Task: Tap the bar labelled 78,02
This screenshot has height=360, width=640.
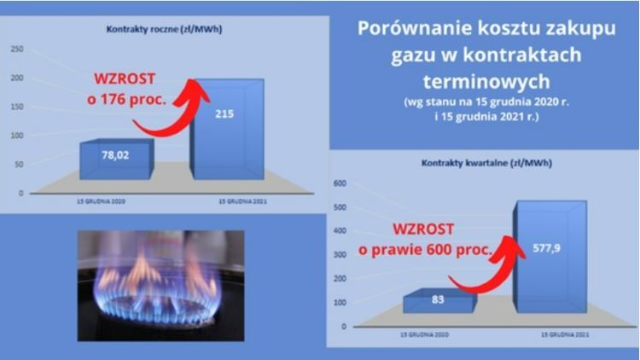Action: (115, 159)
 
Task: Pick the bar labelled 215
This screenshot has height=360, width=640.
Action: (225, 128)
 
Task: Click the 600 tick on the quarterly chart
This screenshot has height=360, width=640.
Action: (338, 183)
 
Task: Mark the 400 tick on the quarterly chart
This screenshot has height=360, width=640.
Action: (338, 231)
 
